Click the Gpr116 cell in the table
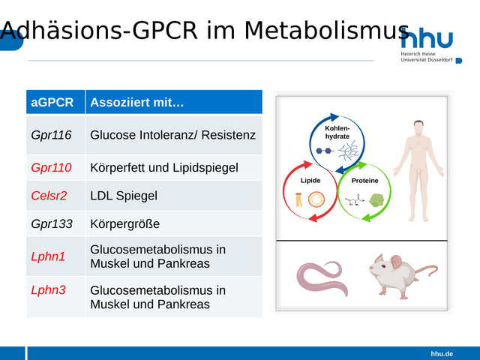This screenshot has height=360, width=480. point(51,135)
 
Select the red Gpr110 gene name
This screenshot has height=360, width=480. point(51,167)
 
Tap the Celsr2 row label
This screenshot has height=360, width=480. point(49,196)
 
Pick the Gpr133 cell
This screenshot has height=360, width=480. point(52,223)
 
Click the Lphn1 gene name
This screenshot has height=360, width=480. point(48,256)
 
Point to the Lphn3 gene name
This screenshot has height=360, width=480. point(48,290)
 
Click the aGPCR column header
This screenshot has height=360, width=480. point(52,102)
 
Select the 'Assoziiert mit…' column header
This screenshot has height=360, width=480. point(136,102)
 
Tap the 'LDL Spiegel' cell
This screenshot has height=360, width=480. point(124,196)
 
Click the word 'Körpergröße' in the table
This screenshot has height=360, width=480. point(125,223)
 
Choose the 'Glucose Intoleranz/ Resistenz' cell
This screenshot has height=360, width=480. point(173,135)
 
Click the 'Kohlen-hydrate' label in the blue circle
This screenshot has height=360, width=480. point(337,132)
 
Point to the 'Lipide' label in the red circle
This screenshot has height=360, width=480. point(310,180)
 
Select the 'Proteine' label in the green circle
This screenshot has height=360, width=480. point(365,181)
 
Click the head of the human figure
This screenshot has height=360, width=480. point(418,127)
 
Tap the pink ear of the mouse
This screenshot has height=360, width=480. point(396,262)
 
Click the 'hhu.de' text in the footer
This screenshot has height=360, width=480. point(442,354)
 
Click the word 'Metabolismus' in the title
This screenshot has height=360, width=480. point(327,31)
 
